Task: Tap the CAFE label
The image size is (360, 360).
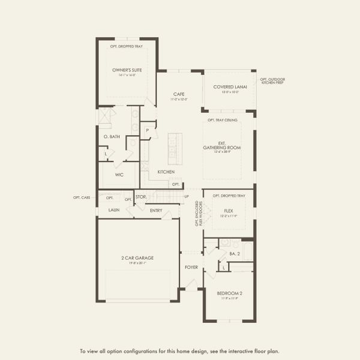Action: [178, 94]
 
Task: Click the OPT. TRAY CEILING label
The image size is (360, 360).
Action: [223, 120]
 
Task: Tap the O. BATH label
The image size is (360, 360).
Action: [112, 137]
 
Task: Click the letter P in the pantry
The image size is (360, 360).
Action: [146, 130]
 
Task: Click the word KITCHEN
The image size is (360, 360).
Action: [166, 172]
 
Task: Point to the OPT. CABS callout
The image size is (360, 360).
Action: [81, 197]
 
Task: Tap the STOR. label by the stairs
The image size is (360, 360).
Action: [141, 196]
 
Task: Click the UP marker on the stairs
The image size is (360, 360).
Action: [186, 196]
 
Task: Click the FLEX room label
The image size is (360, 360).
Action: [228, 211]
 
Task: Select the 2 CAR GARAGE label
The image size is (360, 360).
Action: [137, 258]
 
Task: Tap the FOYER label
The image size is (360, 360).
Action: [191, 267]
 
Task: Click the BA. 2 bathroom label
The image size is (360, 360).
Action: [235, 254]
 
